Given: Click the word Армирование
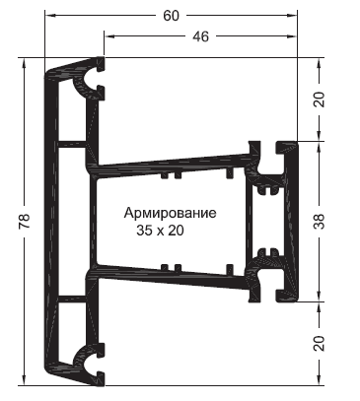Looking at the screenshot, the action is tap(171, 213).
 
